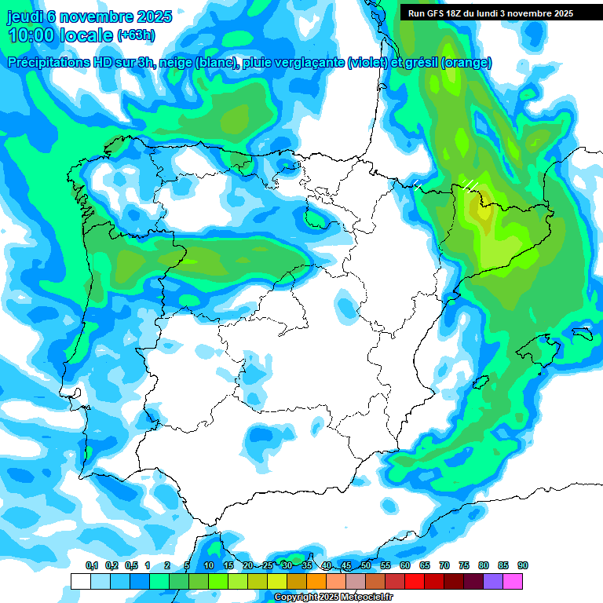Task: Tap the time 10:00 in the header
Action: pyautogui.click(x=36, y=35)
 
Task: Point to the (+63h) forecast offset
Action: pyautogui.click(x=136, y=35)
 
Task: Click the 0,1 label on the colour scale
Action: pyautogui.click(x=91, y=565)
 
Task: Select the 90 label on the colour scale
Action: pyautogui.click(x=523, y=565)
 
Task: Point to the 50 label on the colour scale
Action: pyautogui.click(x=366, y=565)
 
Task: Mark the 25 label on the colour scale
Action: pyautogui.click(x=268, y=565)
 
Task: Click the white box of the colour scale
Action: pyautogui.click(x=81, y=581)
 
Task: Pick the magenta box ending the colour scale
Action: pyautogui.click(x=513, y=581)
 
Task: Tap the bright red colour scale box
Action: pyautogui.click(x=415, y=581)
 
